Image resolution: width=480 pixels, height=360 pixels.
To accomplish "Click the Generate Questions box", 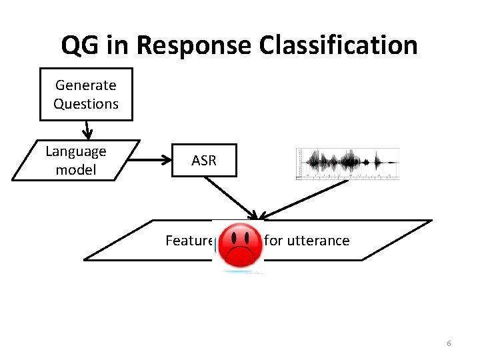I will pos(86,94).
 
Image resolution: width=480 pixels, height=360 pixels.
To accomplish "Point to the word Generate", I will pos(86,85).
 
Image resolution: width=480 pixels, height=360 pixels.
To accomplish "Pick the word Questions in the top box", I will pos(86,104).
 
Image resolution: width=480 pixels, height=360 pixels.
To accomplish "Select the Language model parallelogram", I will pos(76,161).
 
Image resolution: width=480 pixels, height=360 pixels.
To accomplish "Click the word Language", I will pos(76,151).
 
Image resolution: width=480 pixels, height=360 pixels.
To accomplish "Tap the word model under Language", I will pos(76,170).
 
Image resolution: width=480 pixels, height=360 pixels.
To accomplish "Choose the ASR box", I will pos(204,161).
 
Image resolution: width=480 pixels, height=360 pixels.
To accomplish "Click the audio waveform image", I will pos(347,164).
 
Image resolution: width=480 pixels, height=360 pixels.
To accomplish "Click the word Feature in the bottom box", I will pos(188,241).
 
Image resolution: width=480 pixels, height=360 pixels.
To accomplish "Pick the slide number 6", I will pos(449,343).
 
